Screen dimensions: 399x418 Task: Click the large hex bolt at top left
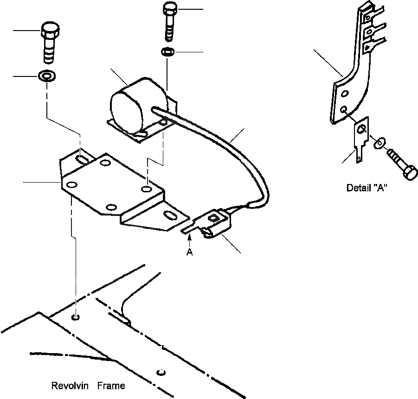pos(50,42)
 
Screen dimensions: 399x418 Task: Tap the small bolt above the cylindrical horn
pos(170,21)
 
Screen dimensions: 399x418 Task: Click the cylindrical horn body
pos(139,103)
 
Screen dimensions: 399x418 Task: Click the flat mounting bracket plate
pos(111,185)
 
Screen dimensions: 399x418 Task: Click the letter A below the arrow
pos(189,253)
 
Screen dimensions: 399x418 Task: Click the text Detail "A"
pos(367,189)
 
